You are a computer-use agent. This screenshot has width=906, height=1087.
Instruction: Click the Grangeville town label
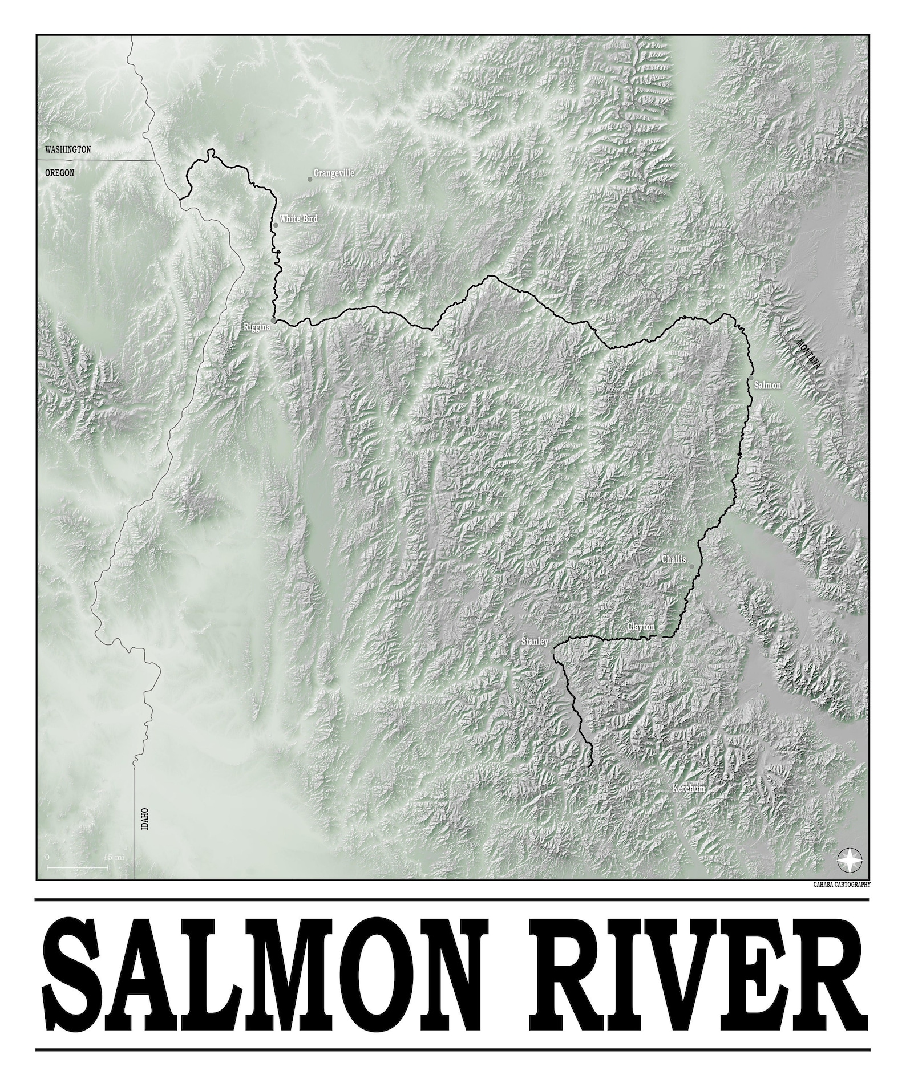[334, 173]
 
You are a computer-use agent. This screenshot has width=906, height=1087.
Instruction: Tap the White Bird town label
[298, 218]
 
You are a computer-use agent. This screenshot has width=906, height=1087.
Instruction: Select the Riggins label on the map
[257, 327]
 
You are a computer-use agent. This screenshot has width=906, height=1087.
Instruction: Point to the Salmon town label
[767, 386]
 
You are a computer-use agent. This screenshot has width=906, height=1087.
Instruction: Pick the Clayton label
[641, 627]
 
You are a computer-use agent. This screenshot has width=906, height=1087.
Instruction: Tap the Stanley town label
[535, 642]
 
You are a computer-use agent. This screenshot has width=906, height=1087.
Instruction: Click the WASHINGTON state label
[68, 150]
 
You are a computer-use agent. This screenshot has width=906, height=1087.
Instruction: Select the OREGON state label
[59, 172]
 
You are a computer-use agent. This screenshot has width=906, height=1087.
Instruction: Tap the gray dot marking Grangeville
[310, 179]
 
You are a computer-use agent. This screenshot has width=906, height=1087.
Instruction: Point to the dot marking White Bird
[276, 225]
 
